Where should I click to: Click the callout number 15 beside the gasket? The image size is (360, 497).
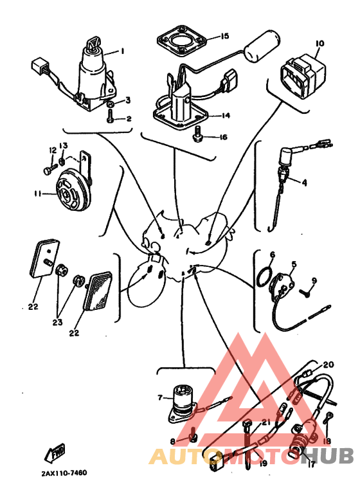coord(224,36)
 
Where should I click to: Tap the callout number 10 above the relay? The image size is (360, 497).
coord(320,44)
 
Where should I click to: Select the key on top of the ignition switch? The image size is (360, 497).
coord(93,43)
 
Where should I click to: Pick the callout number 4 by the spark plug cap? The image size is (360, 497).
coord(304,183)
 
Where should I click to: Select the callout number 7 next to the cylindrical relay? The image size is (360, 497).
coord(160,397)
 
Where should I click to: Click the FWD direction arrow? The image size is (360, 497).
coord(55,452)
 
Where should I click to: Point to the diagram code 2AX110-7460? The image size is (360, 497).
coord(64,473)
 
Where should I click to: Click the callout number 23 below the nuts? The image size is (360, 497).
coord(57,322)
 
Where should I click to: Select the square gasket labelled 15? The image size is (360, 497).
coord(182,42)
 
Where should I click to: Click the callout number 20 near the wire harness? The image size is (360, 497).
coord(328,365)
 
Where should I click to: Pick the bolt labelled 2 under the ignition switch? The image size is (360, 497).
coord(111,116)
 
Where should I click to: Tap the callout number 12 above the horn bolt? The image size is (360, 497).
coord(52,150)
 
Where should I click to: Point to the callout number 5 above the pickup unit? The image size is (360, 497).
coord(294,264)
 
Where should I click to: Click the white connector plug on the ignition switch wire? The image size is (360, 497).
coord(39,64)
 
